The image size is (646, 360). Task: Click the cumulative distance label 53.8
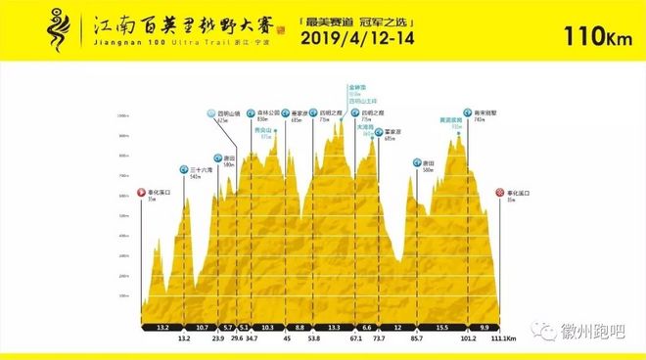click(313, 338)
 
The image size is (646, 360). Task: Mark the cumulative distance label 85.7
click(416, 338)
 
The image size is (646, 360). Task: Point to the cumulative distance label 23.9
click(217, 338)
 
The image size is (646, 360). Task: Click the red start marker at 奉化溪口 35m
click(142, 193)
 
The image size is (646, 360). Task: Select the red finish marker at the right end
click(499, 193)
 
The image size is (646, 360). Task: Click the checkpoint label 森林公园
click(267, 113)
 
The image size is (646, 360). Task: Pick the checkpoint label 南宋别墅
click(482, 113)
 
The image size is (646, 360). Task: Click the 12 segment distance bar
click(397, 327)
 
